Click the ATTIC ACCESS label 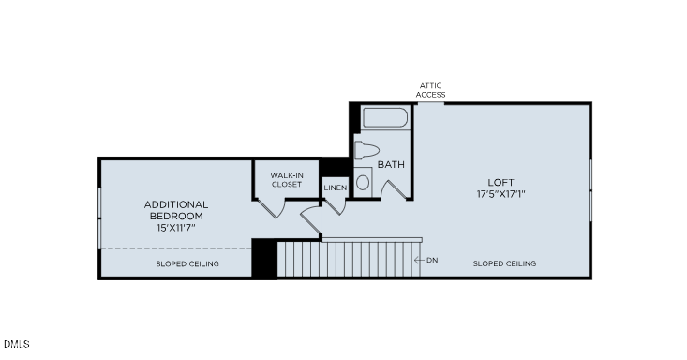pos(431,90)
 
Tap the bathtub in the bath pos(385,119)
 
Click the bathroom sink pos(363,182)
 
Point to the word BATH pos(391,165)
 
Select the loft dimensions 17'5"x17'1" pos(500,195)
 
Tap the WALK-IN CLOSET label pos(286,179)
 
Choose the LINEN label pos(335,187)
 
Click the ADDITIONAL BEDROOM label pos(176,210)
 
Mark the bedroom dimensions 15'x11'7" pos(176,227)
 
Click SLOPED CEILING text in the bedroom pos(187,264)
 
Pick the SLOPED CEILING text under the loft pos(504,264)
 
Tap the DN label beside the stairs pos(432,260)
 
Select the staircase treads pos(347,260)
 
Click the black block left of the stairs pos(264,259)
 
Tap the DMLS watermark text pos(15,344)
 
